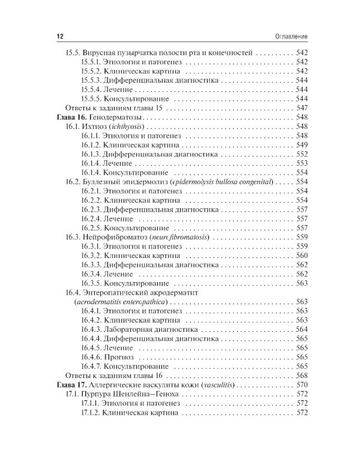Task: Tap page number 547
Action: coord(302,108)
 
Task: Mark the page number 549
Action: coord(302,145)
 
